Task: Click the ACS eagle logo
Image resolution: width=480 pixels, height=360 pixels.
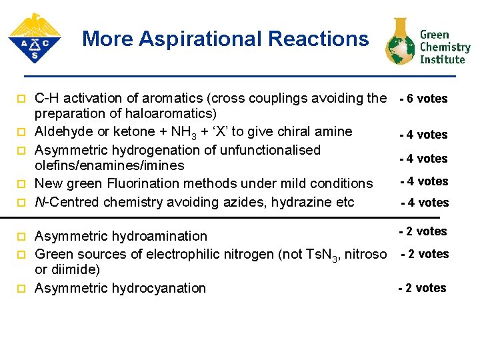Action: (x=34, y=38)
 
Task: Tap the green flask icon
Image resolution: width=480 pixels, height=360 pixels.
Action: (x=400, y=41)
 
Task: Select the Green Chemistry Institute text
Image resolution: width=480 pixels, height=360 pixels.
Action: (x=445, y=47)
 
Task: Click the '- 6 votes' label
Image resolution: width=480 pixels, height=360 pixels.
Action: (x=423, y=99)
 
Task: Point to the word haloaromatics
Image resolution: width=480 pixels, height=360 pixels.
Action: (x=169, y=113)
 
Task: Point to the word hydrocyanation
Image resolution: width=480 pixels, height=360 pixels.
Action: (x=159, y=288)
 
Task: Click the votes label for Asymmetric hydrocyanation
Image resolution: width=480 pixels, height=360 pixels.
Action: (x=422, y=288)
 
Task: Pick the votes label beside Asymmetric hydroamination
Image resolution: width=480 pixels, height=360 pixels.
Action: (x=423, y=231)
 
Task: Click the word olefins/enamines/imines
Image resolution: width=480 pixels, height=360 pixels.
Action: (x=109, y=165)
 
